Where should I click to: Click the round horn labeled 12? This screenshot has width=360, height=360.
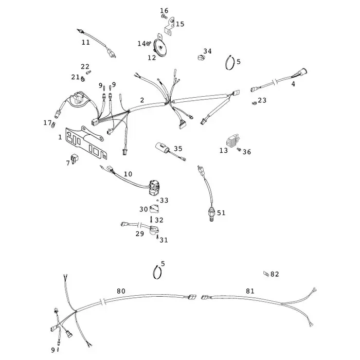(159, 47)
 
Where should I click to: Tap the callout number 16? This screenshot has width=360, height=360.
(164, 11)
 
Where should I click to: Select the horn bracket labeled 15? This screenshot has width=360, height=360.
(169, 26)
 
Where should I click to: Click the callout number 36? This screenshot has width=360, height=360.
(247, 152)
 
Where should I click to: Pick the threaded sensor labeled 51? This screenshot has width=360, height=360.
(211, 214)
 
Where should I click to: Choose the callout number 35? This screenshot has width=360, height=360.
(178, 149)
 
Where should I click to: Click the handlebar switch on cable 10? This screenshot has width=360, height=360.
(154, 187)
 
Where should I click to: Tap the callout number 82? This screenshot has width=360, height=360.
(275, 274)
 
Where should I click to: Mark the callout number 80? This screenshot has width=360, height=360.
(121, 291)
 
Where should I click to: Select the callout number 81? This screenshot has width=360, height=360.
(250, 291)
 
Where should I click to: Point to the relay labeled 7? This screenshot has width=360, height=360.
(75, 158)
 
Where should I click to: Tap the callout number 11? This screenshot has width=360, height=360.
(86, 42)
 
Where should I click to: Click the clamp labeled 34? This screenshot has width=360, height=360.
(201, 58)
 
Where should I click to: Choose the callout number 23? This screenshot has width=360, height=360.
(262, 100)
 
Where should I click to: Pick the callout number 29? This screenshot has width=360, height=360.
(140, 233)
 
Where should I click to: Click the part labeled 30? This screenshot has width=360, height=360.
(154, 209)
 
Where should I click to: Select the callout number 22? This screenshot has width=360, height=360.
(85, 66)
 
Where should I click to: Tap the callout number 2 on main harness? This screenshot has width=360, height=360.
(142, 100)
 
